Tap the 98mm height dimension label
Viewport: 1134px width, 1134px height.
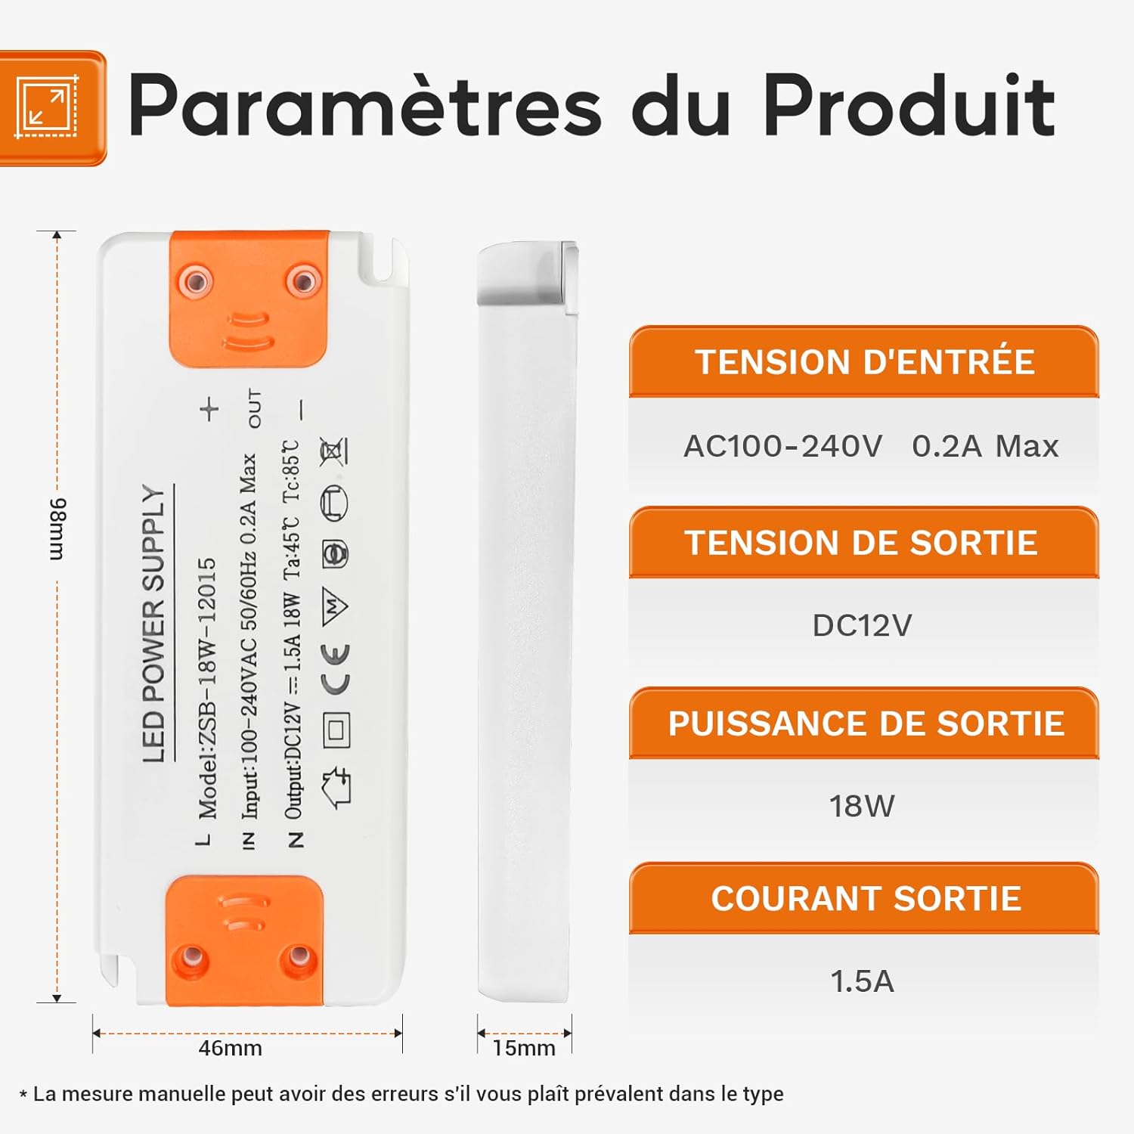click(x=57, y=529)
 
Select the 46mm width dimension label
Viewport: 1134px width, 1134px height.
click(x=230, y=1049)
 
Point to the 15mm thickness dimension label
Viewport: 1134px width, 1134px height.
click(x=524, y=1049)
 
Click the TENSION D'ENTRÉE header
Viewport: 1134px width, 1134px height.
click(x=864, y=362)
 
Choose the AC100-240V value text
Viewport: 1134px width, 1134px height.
click(x=783, y=447)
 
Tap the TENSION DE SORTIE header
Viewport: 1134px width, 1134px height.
click(x=862, y=543)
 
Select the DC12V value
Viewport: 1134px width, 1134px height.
click(x=862, y=626)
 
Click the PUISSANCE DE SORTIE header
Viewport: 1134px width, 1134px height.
click(x=866, y=723)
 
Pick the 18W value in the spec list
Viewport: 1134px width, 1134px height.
click(x=862, y=807)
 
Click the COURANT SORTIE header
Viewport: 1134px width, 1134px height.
click(x=866, y=899)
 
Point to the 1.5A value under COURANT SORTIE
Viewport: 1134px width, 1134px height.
click(x=862, y=981)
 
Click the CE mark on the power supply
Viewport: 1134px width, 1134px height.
click(x=336, y=669)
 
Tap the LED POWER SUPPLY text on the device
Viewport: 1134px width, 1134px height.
click(x=154, y=624)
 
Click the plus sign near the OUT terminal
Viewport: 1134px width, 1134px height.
click(x=209, y=410)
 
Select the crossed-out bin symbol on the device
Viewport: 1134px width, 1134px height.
click(x=333, y=452)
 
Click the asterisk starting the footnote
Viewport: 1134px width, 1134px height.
click(x=23, y=1095)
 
